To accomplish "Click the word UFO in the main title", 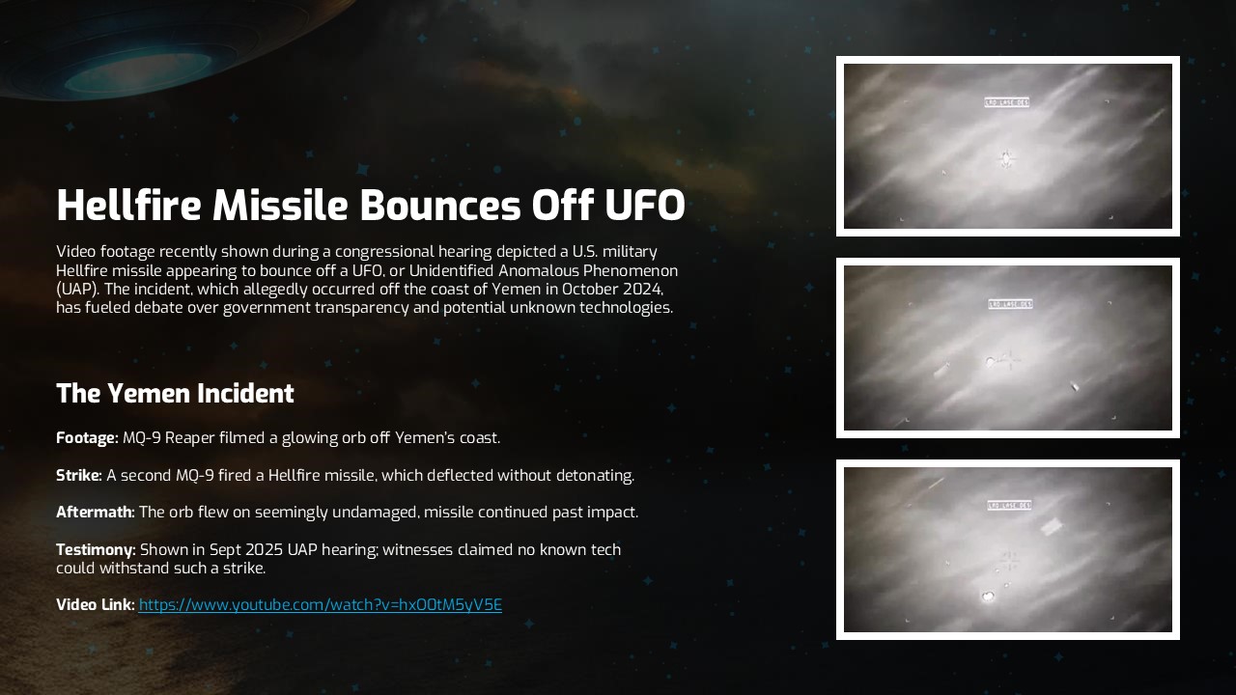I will (644, 206).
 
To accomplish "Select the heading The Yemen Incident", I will (175, 394).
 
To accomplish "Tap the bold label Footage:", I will (87, 438).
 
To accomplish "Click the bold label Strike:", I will (79, 476).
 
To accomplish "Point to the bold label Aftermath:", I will (96, 513).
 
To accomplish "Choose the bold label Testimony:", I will (96, 550).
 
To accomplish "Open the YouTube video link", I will (320, 605).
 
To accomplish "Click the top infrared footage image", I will (1007, 146).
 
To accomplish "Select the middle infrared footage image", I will (1007, 347).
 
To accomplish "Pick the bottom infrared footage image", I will (1007, 549).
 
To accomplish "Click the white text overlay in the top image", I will (1007, 102).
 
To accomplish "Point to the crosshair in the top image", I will (1007, 157).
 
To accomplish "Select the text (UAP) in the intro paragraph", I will (76, 290).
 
